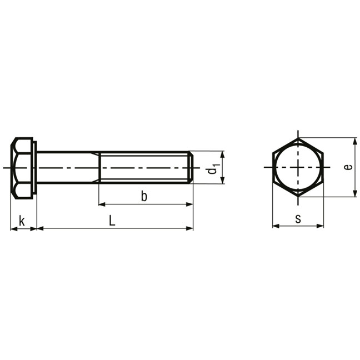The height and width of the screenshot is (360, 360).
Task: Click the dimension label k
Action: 22,221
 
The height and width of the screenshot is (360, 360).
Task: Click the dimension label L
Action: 112,221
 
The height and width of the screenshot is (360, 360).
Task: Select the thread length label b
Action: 144,196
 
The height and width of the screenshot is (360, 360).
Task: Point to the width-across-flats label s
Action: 298,219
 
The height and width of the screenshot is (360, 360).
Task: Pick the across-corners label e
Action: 348,167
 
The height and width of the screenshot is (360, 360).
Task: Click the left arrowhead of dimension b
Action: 102,204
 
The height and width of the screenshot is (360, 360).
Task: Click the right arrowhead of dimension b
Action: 189,204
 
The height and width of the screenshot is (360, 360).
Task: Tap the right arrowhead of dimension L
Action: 189,228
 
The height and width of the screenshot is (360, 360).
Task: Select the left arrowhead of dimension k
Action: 14,229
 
